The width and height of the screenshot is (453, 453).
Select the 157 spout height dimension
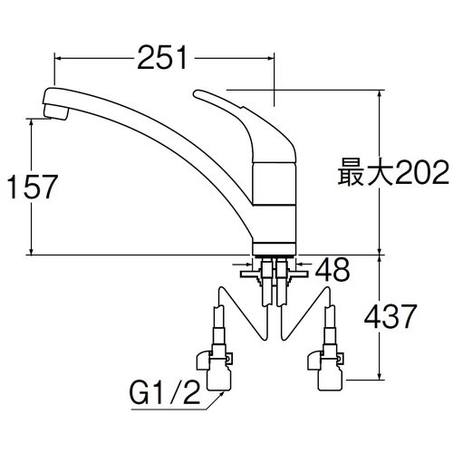pos(32,188)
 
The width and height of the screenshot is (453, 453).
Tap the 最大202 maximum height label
pos(393,172)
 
